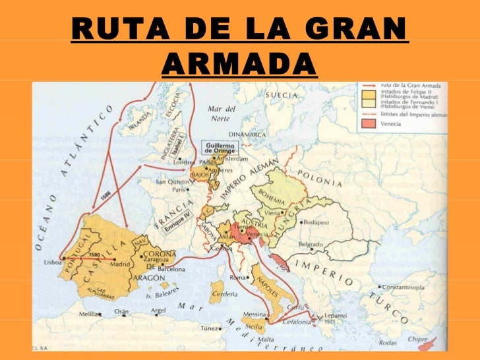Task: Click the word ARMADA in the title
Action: [239, 63]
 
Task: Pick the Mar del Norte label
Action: [222, 113]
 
